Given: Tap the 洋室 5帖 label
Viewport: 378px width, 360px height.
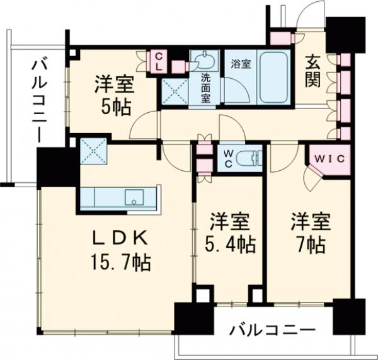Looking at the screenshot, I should click(113, 95).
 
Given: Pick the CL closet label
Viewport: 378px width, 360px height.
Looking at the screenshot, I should click(159, 61).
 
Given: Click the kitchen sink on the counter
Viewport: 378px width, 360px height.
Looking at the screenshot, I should click(134, 199).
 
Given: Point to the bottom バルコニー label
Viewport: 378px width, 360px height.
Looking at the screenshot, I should click(272, 329).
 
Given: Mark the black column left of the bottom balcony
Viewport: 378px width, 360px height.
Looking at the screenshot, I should click(190, 318).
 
